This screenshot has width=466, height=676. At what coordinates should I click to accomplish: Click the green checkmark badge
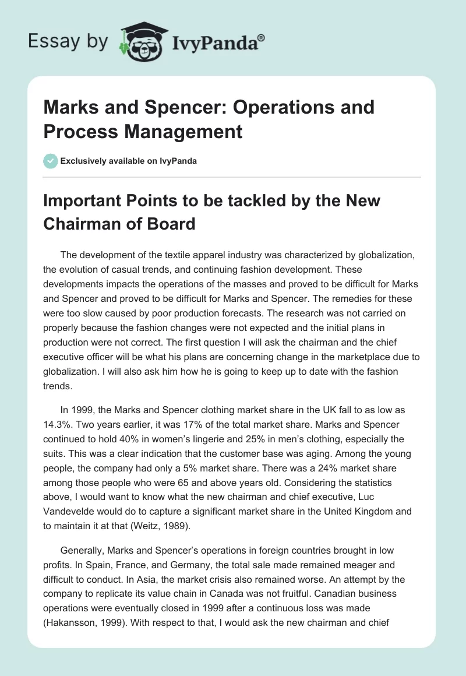tap(51, 161)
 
